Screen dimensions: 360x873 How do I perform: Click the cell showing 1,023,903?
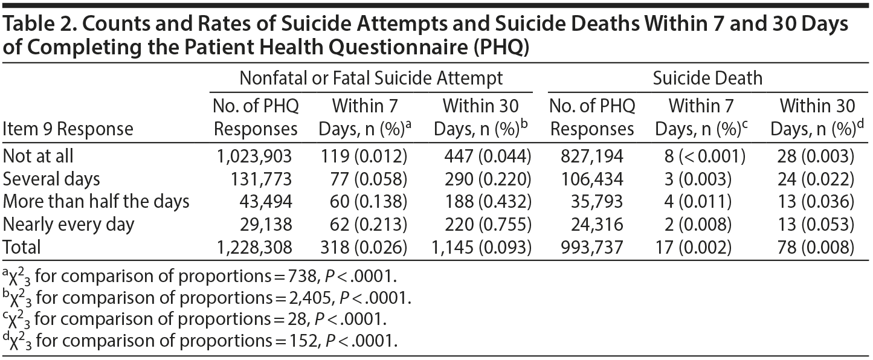254,156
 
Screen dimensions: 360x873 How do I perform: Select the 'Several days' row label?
51,179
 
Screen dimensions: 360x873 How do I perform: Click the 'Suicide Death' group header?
707,78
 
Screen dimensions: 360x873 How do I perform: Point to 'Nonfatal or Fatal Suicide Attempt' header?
371,78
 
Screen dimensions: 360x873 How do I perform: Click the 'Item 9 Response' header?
68,129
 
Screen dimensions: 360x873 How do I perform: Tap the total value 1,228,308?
254,247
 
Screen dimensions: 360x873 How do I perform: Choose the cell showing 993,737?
591,247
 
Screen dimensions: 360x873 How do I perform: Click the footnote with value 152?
200,341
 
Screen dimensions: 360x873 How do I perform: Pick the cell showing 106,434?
591,179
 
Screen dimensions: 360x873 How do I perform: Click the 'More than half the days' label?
96,202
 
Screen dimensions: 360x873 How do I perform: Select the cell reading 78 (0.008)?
815,247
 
